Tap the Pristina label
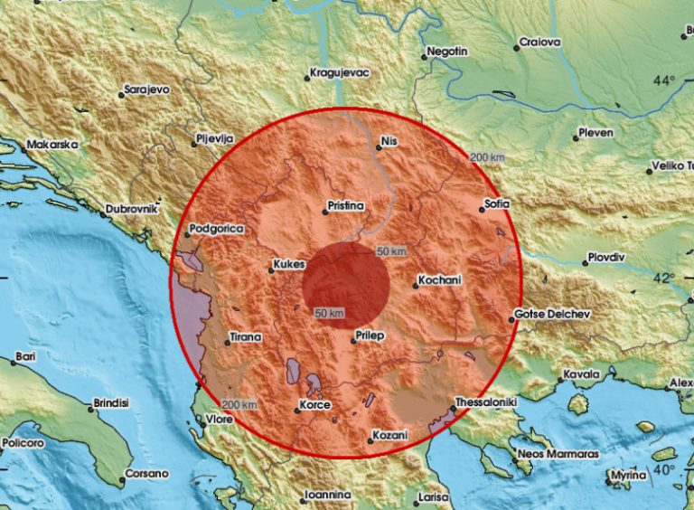point(346,207)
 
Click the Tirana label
point(246,337)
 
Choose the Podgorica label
point(218,230)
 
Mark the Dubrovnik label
point(133,209)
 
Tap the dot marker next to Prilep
point(353,342)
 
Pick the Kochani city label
point(441,281)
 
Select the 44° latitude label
point(664,80)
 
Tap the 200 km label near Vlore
point(239,404)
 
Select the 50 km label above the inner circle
point(391,250)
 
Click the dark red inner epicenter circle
point(346,285)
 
